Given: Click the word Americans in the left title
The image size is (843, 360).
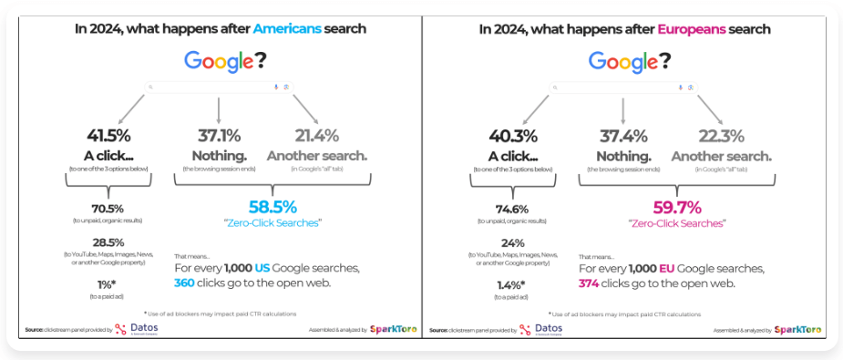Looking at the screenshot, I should click(288, 29).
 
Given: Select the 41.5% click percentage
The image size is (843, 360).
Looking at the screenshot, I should click(108, 136).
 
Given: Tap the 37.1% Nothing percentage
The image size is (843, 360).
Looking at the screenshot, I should click(219, 136).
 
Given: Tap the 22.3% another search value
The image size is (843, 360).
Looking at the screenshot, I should click(721, 136).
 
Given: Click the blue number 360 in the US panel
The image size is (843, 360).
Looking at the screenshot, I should click(186, 283).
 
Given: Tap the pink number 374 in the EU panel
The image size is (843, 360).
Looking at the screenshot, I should click(591, 283).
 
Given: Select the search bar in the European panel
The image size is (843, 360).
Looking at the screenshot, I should click(623, 87).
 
